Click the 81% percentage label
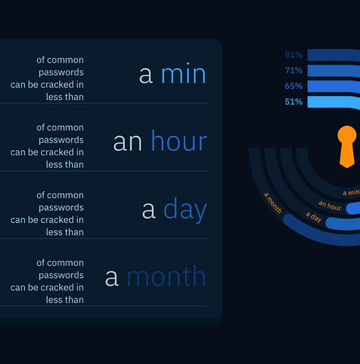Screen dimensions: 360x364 pos(294,55)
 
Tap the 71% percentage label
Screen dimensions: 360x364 pos(294,70)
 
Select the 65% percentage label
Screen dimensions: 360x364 pos(294,86)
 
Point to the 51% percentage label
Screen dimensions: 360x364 pos(294,102)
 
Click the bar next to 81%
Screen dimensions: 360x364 pos(334,55)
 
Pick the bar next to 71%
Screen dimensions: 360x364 pos(334,71)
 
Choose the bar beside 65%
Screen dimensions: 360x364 pos(334,86)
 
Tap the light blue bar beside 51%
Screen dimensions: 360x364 pos(334,102)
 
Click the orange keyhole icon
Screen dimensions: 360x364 pos(347,147)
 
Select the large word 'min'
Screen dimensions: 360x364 pos(184,73)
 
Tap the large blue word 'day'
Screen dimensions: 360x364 pos(185,210)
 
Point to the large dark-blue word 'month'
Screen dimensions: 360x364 pos(166,276)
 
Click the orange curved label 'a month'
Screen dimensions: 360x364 pos(273,203)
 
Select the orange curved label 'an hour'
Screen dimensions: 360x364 pos(330,206)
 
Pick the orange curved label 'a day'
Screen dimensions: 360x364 pos(313,217)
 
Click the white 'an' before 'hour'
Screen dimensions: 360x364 pos(127,143)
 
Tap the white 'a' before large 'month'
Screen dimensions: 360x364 pos(112,278)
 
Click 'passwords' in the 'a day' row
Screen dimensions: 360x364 pos(61,208)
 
